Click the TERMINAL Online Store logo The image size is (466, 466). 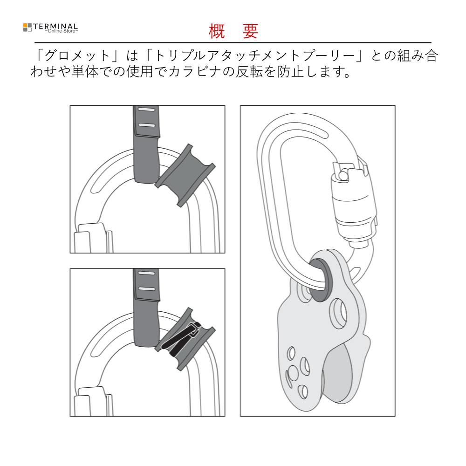pos(50,28)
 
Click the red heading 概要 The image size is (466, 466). pos(233,31)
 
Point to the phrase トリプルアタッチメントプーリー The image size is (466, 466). pos(255,56)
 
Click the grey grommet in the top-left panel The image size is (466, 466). pos(185,175)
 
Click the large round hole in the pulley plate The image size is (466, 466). pos(339,314)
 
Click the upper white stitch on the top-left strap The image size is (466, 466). pos(146,110)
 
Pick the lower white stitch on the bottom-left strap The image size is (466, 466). pos(147,289)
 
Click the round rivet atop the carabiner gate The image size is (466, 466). pos(344,175)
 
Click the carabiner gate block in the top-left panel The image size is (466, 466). pos(93,238)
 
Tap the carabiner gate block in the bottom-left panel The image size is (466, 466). pos(93,402)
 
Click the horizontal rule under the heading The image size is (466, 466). pos(233,43)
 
